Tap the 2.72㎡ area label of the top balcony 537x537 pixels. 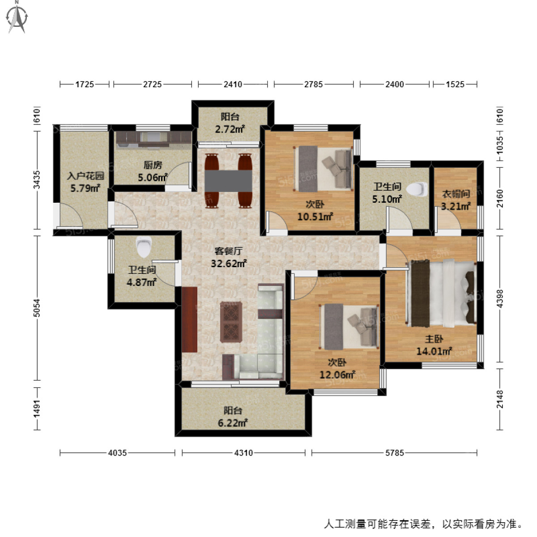[230, 130]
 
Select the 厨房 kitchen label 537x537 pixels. [153, 166]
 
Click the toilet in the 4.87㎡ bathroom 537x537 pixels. [144, 247]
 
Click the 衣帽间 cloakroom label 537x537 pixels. [456, 194]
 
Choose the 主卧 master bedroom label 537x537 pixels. [434, 339]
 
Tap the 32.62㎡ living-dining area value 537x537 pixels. [229, 264]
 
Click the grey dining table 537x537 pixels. [229, 181]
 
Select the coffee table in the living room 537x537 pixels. [231, 322]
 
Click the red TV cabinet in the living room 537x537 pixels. [189, 319]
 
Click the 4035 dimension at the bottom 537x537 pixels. [117, 453]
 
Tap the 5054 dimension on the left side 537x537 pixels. [37, 308]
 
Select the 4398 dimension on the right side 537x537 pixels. [500, 298]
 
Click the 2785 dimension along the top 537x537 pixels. [313, 84]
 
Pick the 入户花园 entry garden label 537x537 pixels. [85, 176]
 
